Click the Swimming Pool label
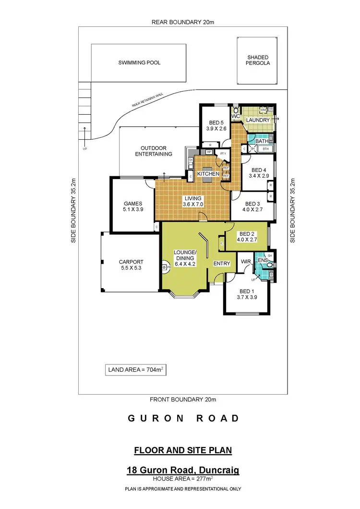(x=139, y=62)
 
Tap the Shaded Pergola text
(x=259, y=60)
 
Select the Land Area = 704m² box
(x=135, y=370)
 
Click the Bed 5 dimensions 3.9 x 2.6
(x=213, y=129)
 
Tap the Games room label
(x=133, y=203)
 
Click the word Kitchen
(x=208, y=173)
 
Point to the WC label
(x=235, y=116)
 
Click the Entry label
(x=222, y=263)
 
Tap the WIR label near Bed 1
(x=246, y=261)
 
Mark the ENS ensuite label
(x=263, y=260)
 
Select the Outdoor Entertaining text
(x=153, y=151)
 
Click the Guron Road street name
(x=183, y=418)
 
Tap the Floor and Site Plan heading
(x=183, y=450)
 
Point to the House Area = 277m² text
(x=183, y=479)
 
